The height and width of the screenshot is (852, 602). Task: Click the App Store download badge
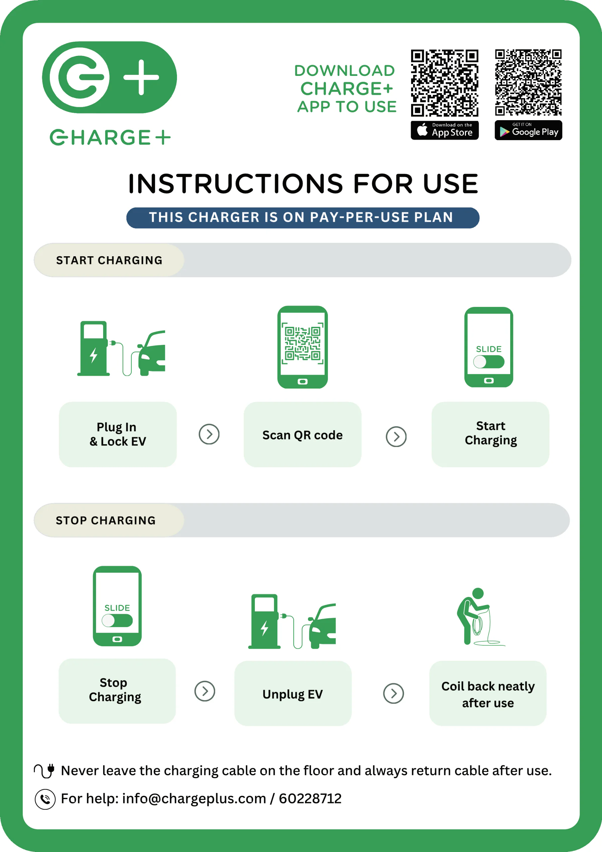pos(444,130)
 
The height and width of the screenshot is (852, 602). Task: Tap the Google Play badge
pos(528,130)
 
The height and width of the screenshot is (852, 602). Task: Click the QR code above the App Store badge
pos(444,83)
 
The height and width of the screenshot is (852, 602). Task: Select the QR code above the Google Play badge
pos(528,83)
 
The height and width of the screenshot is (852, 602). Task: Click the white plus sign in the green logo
pos(141,77)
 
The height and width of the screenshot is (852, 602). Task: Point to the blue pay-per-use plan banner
pos(303,218)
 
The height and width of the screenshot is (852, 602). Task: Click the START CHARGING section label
pos(109,260)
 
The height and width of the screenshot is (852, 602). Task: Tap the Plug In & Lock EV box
pos(118,434)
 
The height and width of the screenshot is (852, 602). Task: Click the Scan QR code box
pos(303,434)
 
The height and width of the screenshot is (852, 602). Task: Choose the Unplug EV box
pos(293,693)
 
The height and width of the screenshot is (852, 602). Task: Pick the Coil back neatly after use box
pos(488,693)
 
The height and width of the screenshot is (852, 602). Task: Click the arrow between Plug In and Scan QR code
pos(209,434)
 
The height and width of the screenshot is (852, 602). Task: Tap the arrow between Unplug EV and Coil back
pos(393,693)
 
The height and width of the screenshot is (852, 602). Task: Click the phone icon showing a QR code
pos(303,347)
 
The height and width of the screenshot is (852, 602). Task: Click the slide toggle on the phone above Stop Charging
pos(117,620)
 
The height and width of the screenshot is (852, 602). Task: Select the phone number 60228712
pos(310,798)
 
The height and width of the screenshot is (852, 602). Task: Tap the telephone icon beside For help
pos(45,799)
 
